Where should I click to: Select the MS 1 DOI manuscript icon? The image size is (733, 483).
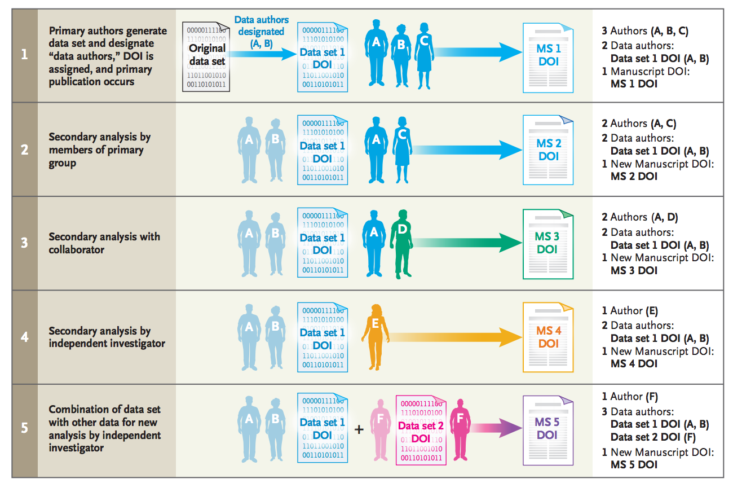coord(547,56)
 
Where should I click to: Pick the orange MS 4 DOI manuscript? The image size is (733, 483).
coord(547,337)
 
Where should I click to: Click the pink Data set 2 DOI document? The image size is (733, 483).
coord(421,430)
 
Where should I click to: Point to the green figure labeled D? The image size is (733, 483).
coord(402,243)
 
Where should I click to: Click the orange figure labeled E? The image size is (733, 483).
coord(375,336)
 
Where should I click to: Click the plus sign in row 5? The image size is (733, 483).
coord(359,430)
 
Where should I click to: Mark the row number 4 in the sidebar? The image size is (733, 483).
coord(24,337)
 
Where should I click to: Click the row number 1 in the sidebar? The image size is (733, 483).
coord(24,55)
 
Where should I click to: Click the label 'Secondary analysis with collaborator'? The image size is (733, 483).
coord(104,243)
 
